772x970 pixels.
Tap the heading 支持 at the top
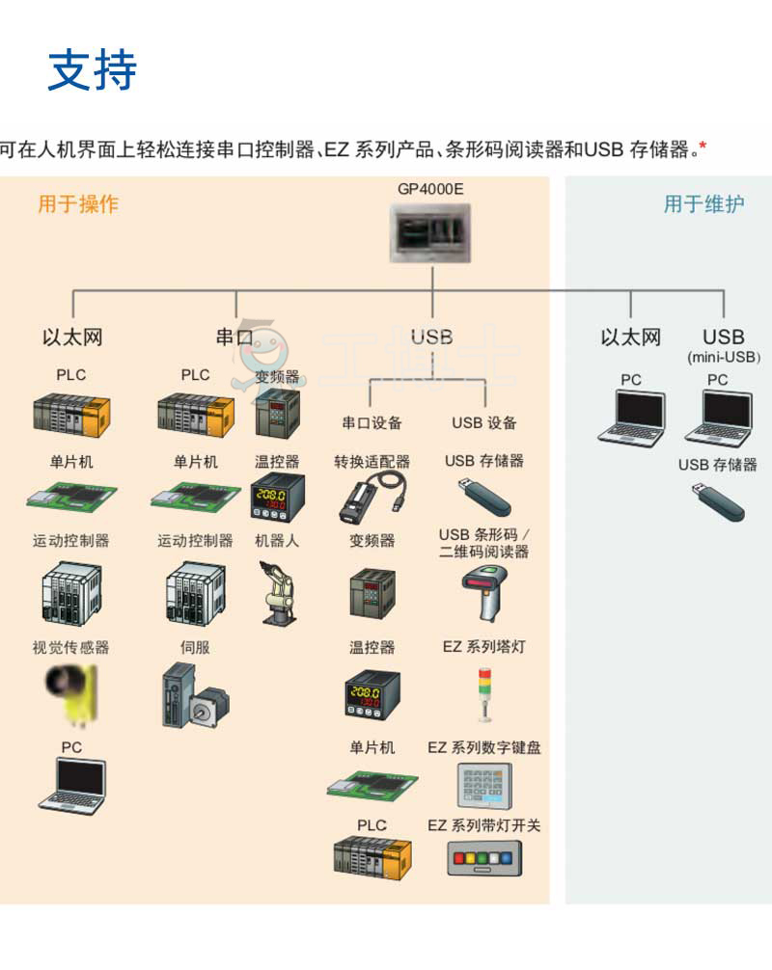(x=93, y=69)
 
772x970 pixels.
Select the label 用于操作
(x=78, y=203)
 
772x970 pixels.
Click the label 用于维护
(x=703, y=203)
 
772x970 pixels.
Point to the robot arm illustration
(x=276, y=593)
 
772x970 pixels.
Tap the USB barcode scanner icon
(x=483, y=593)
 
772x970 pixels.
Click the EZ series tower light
(x=483, y=694)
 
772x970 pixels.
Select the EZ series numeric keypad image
(x=483, y=787)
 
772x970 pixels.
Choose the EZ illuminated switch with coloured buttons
(x=483, y=857)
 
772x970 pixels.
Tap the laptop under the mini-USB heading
(x=717, y=418)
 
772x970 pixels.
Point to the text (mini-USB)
(x=724, y=358)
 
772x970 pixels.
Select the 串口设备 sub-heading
(x=372, y=422)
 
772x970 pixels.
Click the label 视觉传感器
(x=71, y=647)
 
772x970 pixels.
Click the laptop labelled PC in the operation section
(x=71, y=785)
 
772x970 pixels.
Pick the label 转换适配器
(x=372, y=462)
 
